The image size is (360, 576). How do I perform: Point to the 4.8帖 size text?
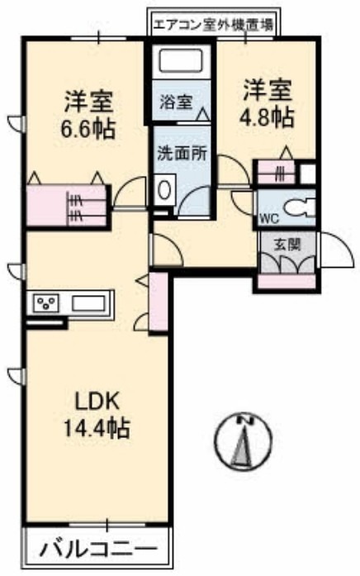coord(267,115)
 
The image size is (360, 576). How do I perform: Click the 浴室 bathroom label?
coord(176,103)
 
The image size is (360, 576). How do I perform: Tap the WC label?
coord(268,219)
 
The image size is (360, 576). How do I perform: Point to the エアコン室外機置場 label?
coord(214,25)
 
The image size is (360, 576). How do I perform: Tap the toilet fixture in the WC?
coord(296,207)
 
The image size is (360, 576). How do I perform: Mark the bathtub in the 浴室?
coord(182,61)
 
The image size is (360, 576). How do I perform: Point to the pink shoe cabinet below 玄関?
coord(286,281)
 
